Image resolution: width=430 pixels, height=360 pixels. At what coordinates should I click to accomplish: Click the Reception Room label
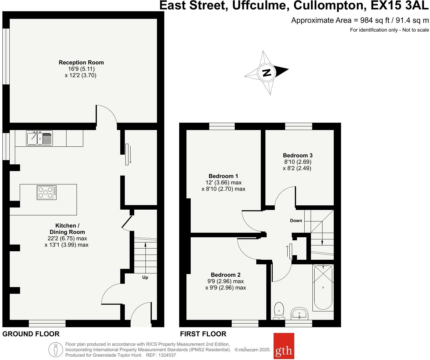tap(81, 63)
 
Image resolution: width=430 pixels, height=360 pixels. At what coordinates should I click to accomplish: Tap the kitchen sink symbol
tap(39, 138)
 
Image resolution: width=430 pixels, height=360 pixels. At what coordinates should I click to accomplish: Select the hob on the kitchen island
tap(46, 193)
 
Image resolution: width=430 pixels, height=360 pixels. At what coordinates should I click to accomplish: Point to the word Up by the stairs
tap(145, 277)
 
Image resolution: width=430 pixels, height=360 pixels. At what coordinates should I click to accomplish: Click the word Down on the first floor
tap(296, 221)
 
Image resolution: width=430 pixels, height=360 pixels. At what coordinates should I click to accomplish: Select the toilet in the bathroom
tap(278, 311)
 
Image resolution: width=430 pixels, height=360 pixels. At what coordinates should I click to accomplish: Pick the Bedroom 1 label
tap(223, 176)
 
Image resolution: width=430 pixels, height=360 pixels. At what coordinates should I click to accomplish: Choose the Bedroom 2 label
tap(226, 275)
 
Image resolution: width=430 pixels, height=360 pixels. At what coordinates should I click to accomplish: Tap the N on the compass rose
tap(267, 73)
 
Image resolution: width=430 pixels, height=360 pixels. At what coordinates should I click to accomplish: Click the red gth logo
tap(284, 346)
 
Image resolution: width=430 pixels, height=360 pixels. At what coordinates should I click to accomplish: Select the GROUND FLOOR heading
tap(31, 334)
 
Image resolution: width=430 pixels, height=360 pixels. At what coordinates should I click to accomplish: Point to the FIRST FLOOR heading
tap(203, 334)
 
